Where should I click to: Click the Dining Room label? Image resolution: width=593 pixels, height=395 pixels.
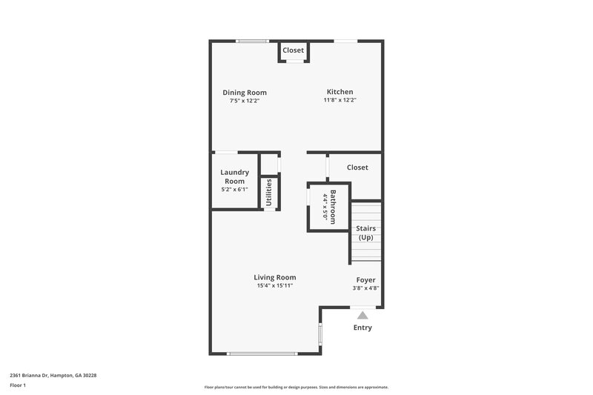pos(245,93)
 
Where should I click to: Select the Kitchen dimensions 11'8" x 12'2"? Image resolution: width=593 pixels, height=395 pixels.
pos(339,100)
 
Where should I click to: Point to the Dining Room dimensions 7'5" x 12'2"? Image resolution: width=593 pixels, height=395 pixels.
pos(245,101)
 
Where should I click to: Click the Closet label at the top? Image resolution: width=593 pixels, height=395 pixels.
pos(294,50)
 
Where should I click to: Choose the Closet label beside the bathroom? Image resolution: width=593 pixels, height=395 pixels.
pos(357,167)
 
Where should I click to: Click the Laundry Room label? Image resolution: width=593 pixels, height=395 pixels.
pos(234,176)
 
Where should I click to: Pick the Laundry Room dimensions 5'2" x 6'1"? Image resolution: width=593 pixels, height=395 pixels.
pos(234,190)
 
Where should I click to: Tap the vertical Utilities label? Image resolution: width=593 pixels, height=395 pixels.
pos(269,192)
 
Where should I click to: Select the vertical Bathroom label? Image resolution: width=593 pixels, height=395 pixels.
pos(334,208)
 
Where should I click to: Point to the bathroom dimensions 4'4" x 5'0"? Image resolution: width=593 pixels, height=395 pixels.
pos(325,208)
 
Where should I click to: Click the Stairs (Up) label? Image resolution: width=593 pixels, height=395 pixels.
pos(365,233)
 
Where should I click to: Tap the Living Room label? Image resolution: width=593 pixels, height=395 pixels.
pos(276,277)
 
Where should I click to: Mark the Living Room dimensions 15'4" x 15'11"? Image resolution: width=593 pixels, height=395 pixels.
pos(276,285)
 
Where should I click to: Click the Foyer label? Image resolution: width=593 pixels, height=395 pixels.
pos(365,279)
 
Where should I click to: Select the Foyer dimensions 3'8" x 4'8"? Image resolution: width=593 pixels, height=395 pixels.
pos(365,288)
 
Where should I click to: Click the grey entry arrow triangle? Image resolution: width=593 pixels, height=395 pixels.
pos(362,314)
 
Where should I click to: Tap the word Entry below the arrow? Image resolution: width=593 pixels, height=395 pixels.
pos(362,328)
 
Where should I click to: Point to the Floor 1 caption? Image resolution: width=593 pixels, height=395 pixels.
pos(17,386)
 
